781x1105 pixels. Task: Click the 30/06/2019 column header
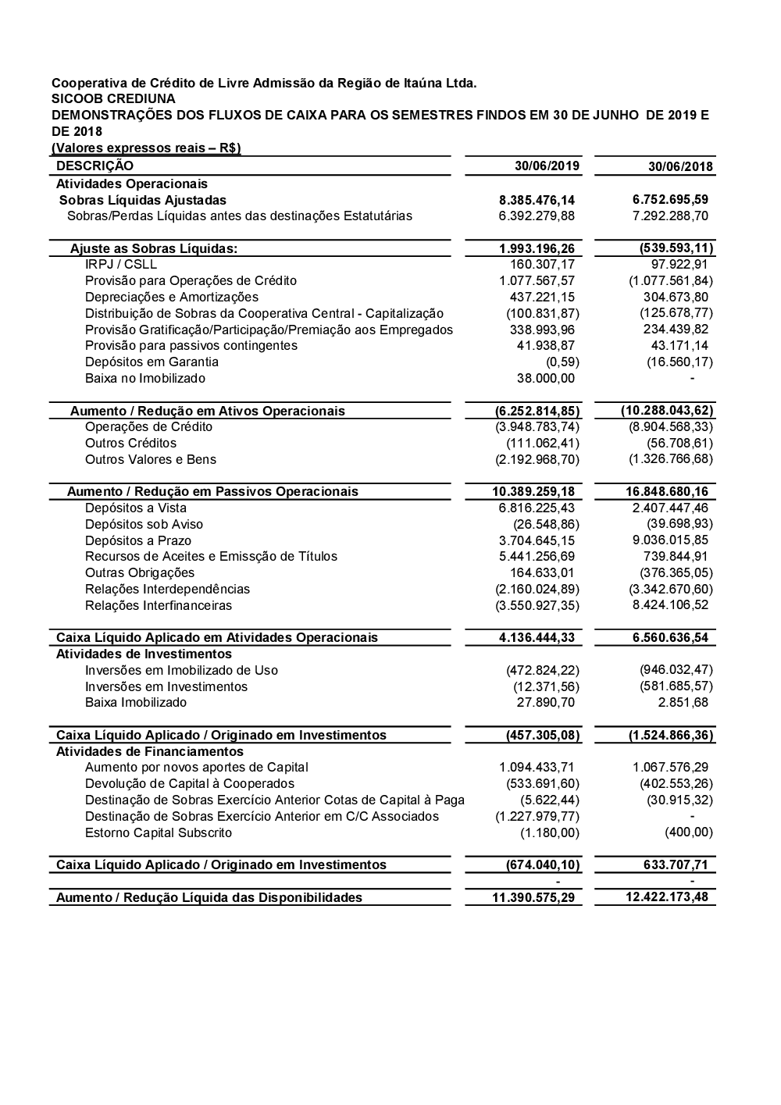[547, 166]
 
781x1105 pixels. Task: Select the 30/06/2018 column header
[680, 166]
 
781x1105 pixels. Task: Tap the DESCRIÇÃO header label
[95, 166]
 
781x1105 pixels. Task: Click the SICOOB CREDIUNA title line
[113, 99]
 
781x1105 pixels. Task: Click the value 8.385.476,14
[537, 200]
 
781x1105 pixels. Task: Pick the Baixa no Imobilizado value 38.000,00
[546, 379]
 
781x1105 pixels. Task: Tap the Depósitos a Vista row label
[136, 508]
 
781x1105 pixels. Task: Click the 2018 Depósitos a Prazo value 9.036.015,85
[670, 540]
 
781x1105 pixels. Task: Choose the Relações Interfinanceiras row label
[159, 606]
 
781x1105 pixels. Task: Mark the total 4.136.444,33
[537, 638]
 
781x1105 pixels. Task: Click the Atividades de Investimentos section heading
[144, 654]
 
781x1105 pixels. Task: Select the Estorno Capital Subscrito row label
[159, 833]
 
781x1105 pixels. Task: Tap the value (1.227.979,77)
[537, 817]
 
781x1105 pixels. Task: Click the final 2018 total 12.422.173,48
[667, 897]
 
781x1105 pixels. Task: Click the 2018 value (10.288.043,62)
[667, 411]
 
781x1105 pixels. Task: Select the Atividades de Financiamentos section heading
[150, 752]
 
